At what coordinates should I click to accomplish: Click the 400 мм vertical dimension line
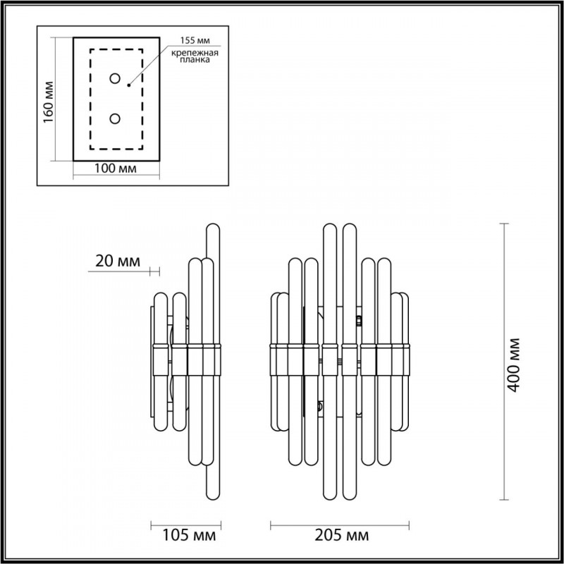coord(504,360)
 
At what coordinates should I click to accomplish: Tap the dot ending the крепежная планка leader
coord(128,85)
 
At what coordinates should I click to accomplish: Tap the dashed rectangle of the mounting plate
coord(90,99)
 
